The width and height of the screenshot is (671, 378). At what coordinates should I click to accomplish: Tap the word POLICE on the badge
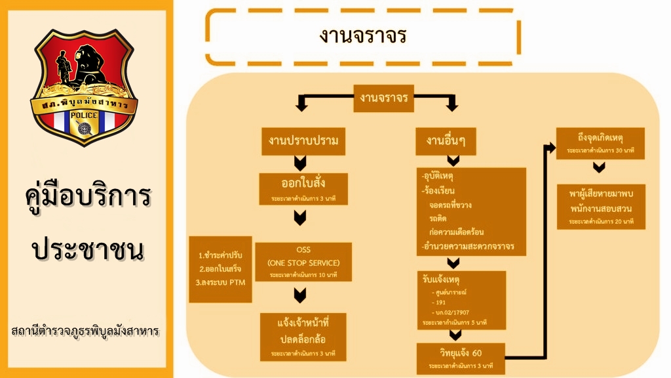coord(85,115)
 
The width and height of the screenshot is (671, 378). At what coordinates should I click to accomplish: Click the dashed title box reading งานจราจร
coord(363,36)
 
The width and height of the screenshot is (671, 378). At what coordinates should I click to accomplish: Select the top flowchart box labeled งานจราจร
coord(384,98)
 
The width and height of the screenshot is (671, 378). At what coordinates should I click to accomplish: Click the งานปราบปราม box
coord(303,141)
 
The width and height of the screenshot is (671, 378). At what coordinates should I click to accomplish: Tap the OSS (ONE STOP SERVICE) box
coord(303,262)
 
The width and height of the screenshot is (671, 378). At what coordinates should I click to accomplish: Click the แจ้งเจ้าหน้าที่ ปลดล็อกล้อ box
coord(303,336)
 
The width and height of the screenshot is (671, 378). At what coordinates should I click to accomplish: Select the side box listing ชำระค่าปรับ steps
coord(220,269)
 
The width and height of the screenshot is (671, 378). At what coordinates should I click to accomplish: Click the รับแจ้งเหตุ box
coord(463,299)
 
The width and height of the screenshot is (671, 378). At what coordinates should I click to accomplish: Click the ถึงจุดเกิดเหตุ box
coord(600,143)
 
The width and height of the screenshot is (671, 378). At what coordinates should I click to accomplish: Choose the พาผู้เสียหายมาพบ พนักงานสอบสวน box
coord(600,207)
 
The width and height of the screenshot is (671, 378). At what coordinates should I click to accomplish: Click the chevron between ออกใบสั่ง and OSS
coord(300,219)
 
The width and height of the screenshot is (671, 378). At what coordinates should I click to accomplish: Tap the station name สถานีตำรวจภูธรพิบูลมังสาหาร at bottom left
coord(85,330)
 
